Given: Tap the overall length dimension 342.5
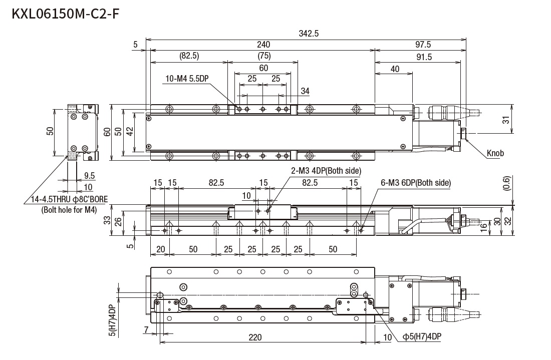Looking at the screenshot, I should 309,34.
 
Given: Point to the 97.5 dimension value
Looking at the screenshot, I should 422,45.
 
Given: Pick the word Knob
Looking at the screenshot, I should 495,153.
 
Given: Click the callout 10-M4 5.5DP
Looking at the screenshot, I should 187,79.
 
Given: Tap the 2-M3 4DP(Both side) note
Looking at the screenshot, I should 326,171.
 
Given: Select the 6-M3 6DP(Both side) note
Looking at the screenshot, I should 415,183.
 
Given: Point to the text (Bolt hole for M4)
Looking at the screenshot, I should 69,210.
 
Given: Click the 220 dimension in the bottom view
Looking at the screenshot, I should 255,337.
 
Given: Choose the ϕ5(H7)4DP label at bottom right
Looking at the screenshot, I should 422,337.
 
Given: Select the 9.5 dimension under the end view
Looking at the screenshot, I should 89,176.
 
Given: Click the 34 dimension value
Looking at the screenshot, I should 305,91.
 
